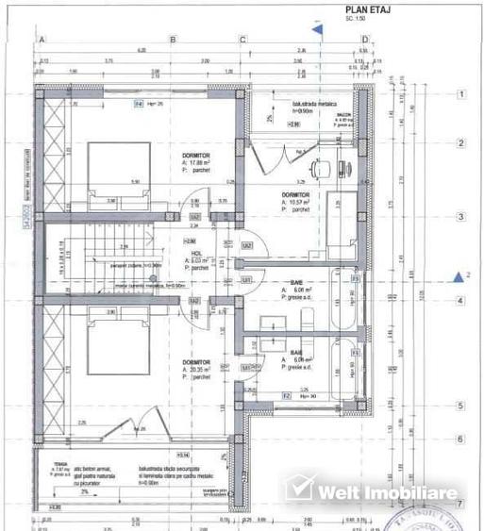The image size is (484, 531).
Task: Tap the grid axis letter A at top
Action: pos(41,40)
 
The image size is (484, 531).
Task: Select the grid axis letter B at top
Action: pos(173,40)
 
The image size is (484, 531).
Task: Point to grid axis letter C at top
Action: pos(242,40)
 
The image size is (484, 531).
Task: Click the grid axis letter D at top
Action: pos(366,40)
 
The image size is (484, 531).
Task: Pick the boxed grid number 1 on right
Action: pos(461,94)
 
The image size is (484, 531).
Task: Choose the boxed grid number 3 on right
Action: pos(461,217)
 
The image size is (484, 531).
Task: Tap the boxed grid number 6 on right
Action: pos(461,440)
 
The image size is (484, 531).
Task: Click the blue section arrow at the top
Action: pos(318,28)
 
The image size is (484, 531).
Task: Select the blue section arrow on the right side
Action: pos(459,276)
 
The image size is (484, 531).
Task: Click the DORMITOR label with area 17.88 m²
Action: pos(196,155)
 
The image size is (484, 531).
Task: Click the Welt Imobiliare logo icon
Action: pos(298,489)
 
